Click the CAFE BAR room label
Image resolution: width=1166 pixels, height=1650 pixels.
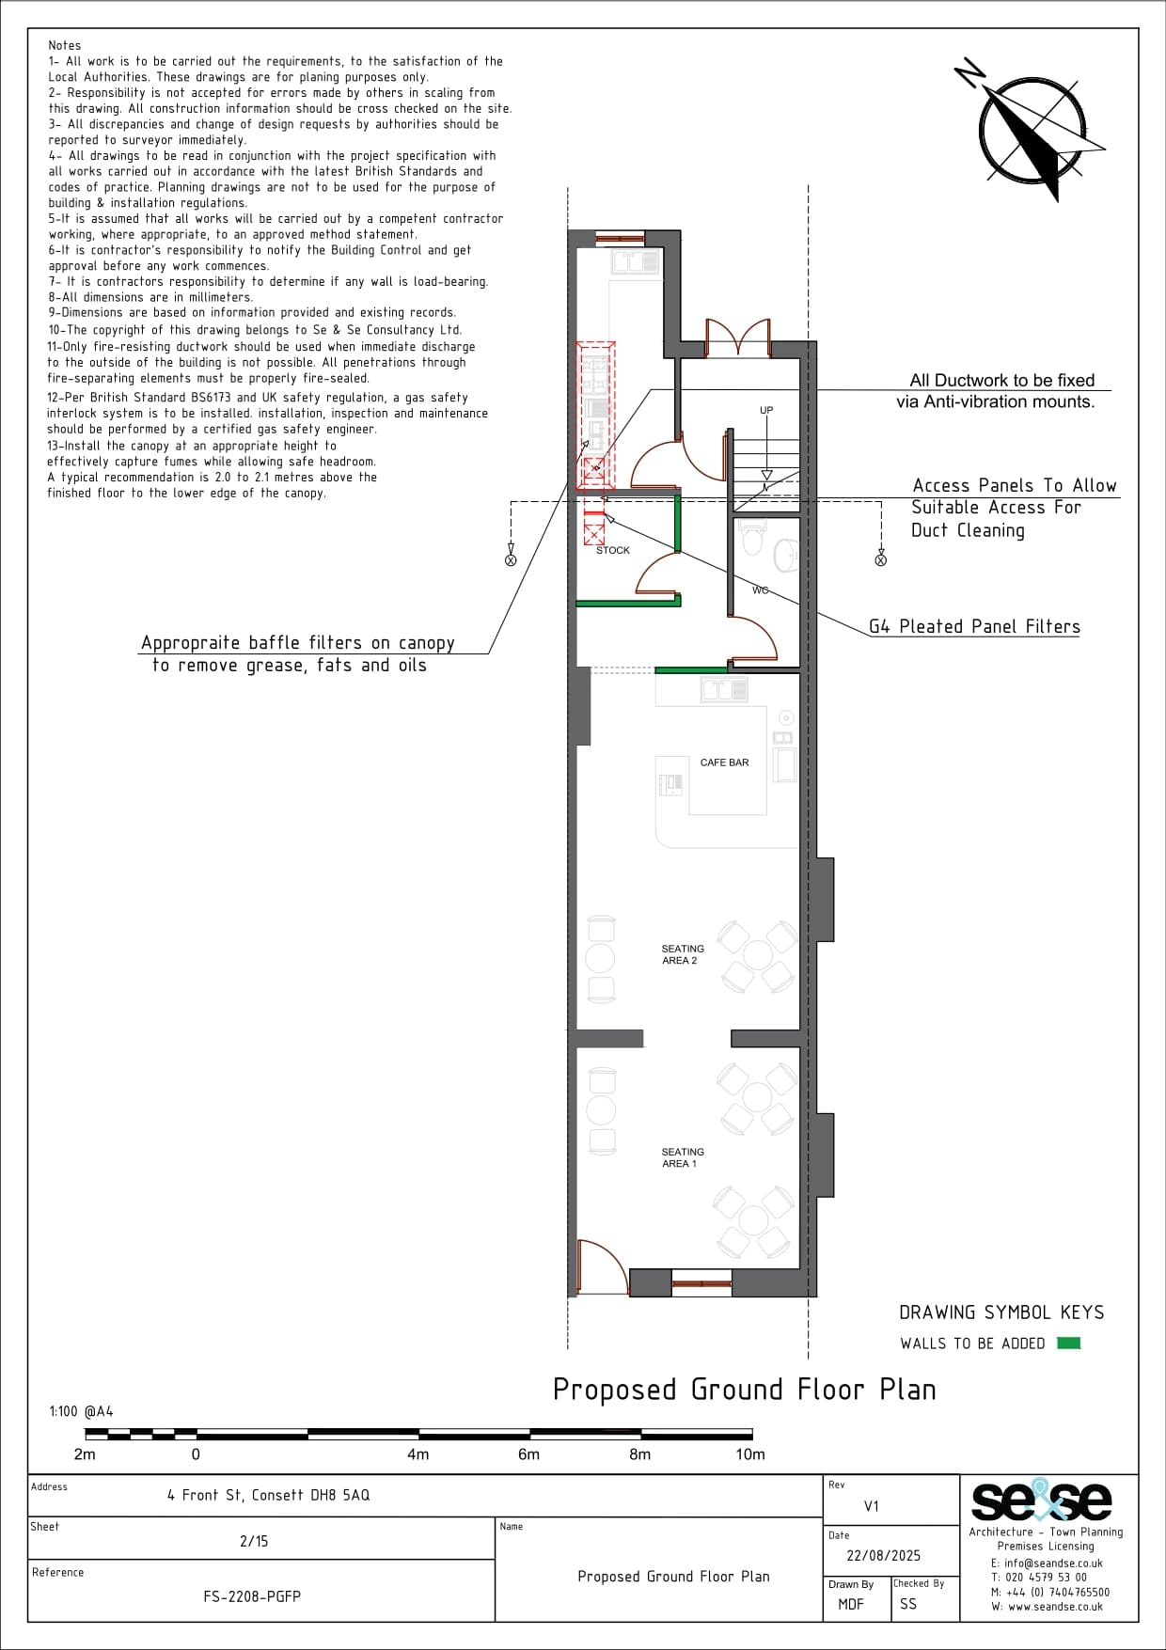click(724, 762)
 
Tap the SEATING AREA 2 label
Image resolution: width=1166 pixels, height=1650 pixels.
click(683, 954)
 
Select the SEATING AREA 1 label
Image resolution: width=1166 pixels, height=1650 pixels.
click(683, 1157)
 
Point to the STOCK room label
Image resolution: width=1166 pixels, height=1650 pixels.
click(613, 550)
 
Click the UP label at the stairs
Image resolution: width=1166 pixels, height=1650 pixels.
click(766, 410)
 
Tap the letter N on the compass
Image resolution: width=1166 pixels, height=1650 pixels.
click(969, 72)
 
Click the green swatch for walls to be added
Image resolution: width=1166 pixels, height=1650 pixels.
click(1068, 1343)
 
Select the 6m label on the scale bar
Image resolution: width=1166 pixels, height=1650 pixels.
click(529, 1454)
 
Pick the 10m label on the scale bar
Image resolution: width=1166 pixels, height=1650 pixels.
click(750, 1454)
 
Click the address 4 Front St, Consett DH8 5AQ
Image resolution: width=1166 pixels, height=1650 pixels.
click(269, 1495)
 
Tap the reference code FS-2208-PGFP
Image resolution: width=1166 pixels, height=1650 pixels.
click(252, 1596)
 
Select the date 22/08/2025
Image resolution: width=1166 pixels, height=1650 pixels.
click(884, 1556)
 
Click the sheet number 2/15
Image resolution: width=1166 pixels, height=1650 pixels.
click(254, 1541)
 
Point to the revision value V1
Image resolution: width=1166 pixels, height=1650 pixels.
click(872, 1506)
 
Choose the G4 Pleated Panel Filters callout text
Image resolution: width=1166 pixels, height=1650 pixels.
click(974, 626)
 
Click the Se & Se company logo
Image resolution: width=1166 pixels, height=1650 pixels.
click(1042, 1501)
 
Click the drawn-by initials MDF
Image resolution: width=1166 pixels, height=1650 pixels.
click(851, 1604)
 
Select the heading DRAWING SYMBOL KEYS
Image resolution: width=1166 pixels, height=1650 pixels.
click(1001, 1312)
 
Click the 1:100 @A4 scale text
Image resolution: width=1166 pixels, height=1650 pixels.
click(81, 1411)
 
